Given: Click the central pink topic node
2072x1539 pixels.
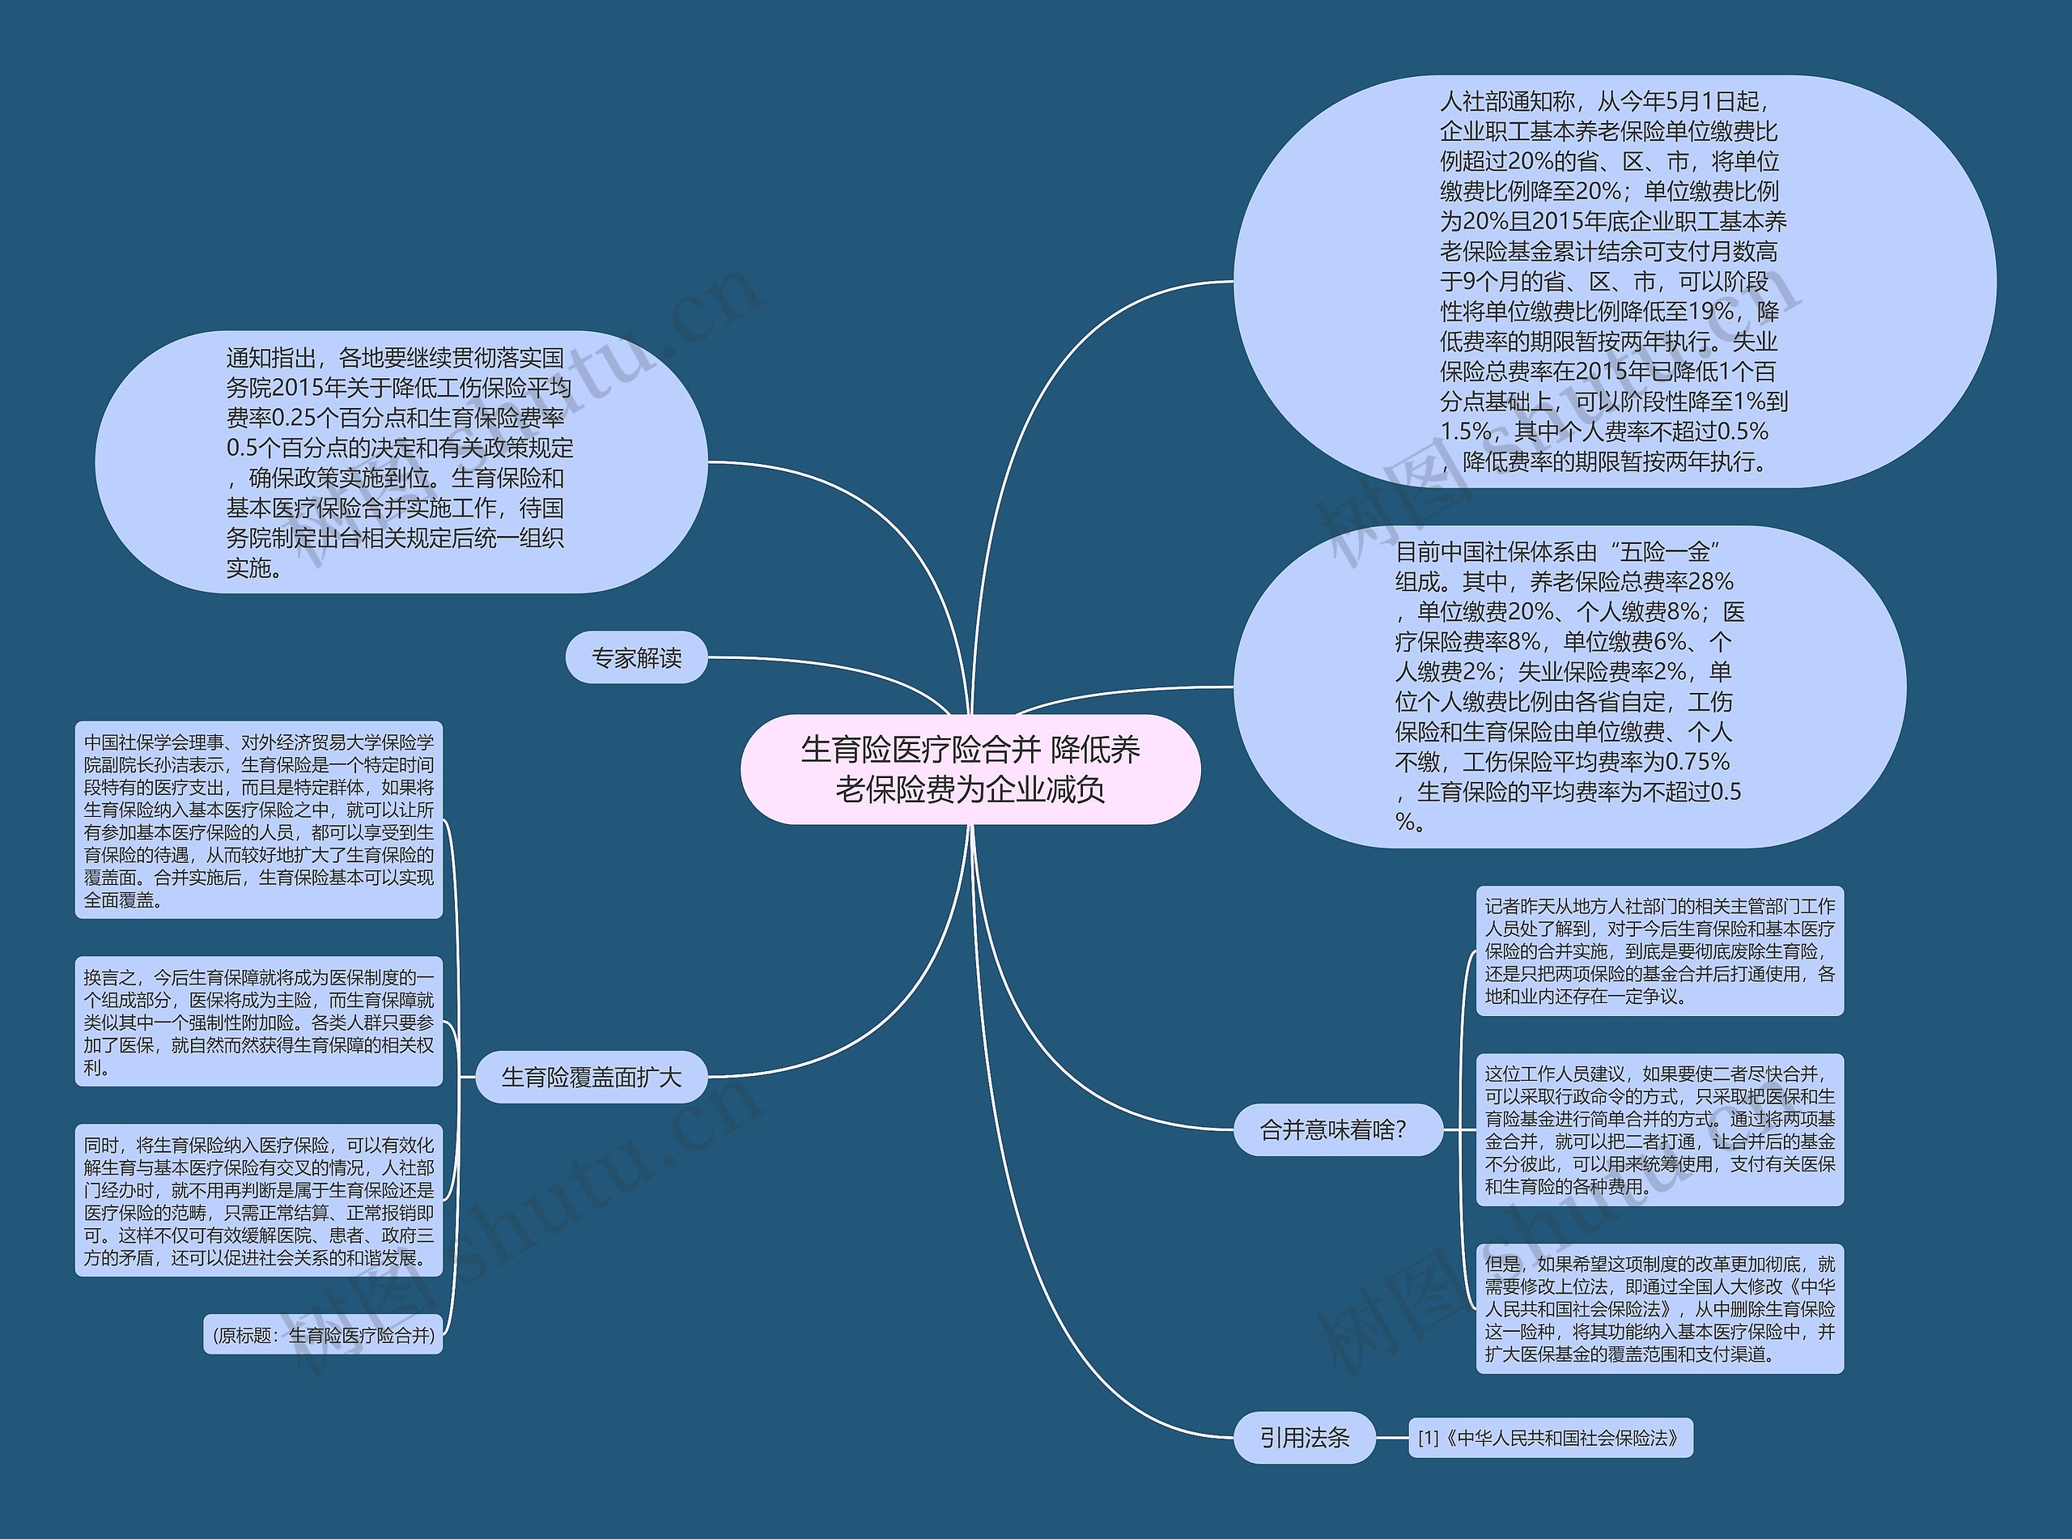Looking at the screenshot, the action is tap(970, 769).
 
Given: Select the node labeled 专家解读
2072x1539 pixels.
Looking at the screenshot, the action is tap(637, 657).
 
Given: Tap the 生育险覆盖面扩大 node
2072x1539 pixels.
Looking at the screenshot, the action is tap(592, 1078).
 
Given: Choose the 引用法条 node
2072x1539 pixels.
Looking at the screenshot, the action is tap(1304, 1438).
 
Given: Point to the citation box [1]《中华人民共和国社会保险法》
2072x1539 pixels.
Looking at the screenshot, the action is tap(1550, 1439).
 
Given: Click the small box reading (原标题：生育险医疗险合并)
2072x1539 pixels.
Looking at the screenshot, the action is tap(323, 1335).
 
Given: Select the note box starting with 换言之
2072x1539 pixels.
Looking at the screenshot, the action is tap(258, 1021).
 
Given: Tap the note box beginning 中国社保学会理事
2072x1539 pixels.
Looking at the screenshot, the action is tap(258, 820).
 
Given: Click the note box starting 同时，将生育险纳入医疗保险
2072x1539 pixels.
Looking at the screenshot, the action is tap(258, 1200).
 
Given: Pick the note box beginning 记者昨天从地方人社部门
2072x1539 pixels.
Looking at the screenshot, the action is tap(1659, 950).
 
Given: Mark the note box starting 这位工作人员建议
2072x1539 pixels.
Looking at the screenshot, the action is tap(1659, 1129).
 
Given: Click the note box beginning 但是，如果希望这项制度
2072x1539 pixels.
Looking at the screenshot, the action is tap(1659, 1308).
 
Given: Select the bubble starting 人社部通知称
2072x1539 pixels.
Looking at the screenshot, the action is tap(1614, 280).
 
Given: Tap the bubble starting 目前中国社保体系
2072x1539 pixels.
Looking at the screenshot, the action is tap(1569, 687).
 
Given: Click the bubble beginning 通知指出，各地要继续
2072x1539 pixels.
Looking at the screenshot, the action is tap(401, 462).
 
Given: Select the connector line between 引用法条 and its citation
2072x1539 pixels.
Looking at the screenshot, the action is tap(1391, 1438).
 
